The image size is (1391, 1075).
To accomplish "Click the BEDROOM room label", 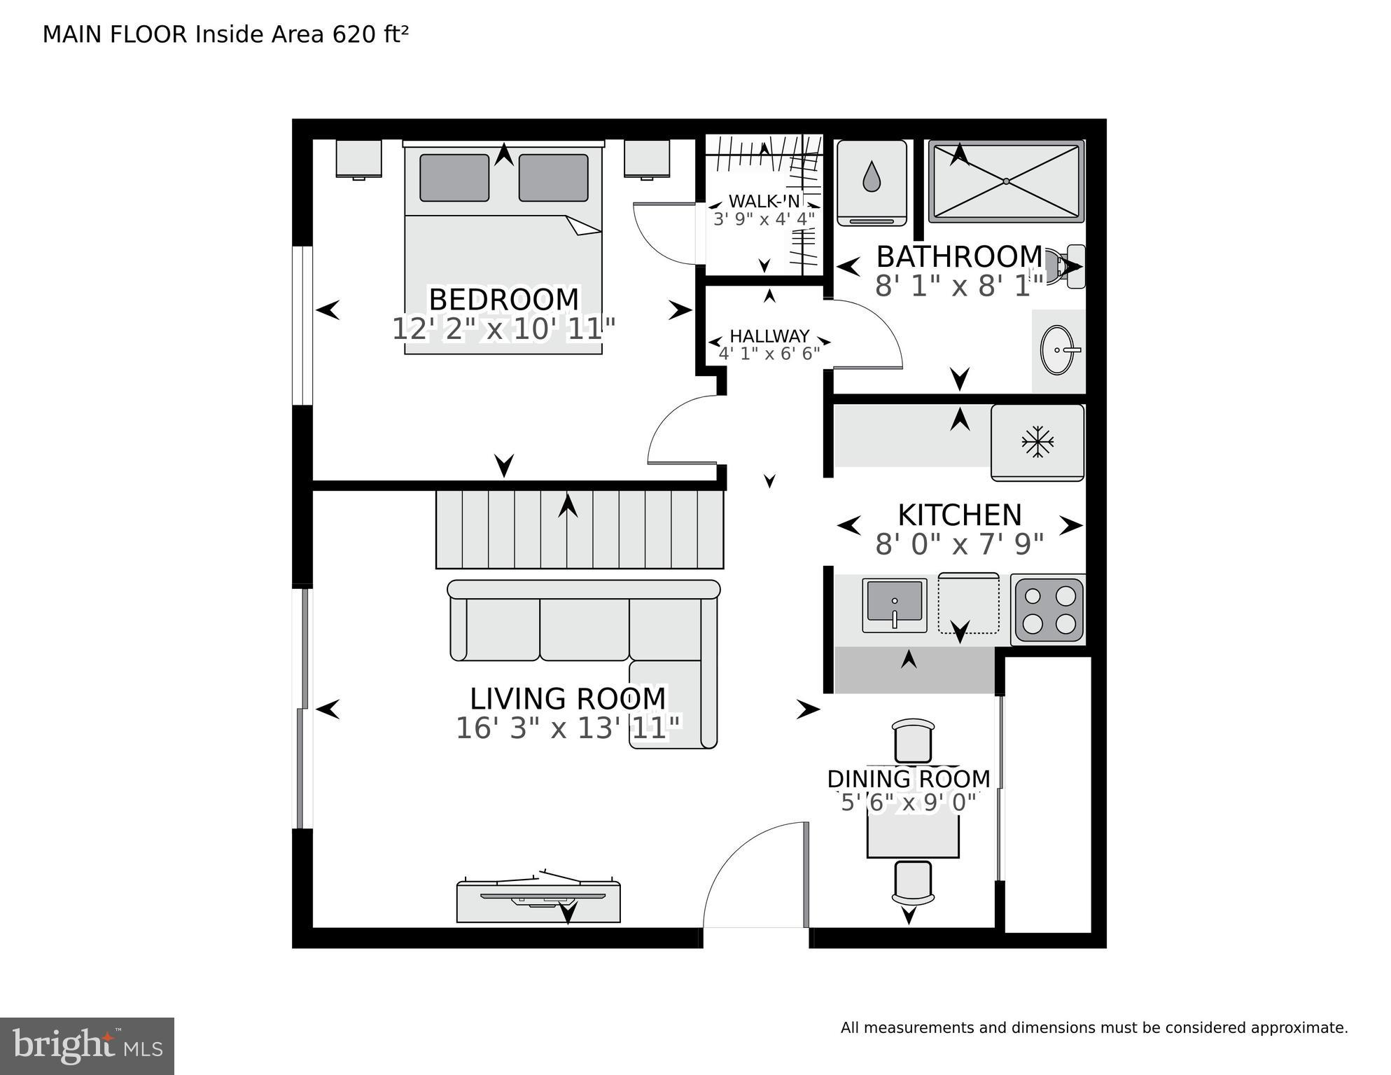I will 503,300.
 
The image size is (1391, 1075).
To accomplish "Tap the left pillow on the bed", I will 454,178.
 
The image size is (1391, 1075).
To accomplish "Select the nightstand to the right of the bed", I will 648,158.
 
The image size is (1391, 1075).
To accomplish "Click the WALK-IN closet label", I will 764,202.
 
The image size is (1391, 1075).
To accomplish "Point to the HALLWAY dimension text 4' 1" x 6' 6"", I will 769,354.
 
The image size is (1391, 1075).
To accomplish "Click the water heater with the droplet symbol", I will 872,182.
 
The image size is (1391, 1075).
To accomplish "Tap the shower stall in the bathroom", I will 1006,181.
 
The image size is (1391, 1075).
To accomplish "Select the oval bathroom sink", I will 1058,349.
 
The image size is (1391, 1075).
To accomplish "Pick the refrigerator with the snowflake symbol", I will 1037,442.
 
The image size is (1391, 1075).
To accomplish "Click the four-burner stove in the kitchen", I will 1049,609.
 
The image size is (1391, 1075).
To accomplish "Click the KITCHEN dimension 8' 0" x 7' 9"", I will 959,544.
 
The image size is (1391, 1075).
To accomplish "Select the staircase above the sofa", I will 580,529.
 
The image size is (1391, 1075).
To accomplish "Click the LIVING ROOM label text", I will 568,699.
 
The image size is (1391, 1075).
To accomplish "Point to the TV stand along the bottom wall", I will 538,903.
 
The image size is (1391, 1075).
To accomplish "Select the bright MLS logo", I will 87,1046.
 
